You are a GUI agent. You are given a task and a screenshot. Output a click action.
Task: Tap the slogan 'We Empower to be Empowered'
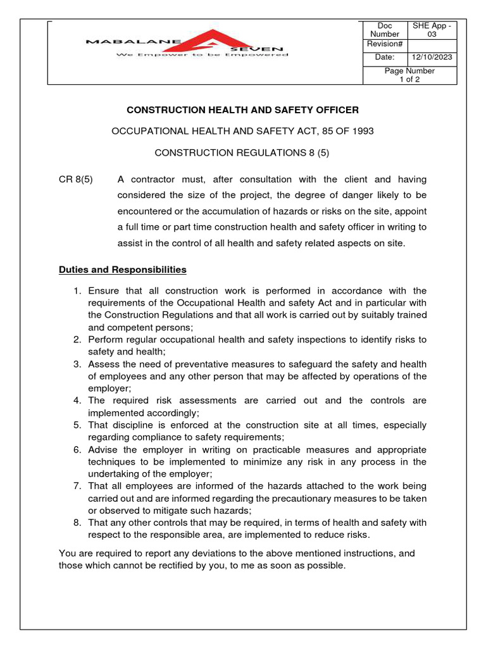point(201,55)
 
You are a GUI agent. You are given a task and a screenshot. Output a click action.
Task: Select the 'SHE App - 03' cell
point(432,30)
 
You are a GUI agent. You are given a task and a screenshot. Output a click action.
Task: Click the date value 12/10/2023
point(432,58)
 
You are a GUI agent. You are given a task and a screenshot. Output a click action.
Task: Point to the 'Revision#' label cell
point(385,44)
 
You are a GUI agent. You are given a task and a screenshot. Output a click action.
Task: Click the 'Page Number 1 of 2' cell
point(409,75)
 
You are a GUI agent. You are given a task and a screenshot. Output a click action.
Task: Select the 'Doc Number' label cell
point(385,30)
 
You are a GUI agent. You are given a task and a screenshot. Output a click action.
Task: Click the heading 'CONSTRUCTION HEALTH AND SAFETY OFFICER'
point(242,110)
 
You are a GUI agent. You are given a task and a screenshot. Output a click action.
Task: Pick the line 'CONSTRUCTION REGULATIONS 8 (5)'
point(242,153)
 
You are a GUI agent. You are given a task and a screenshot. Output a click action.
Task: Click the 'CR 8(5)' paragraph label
point(75,180)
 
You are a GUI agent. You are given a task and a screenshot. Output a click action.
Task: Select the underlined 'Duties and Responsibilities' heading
point(122,270)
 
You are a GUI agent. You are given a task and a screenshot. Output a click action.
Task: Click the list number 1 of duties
point(77,290)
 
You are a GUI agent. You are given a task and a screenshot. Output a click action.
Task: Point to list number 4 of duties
point(77,401)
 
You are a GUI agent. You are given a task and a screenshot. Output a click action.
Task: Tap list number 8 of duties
point(77,523)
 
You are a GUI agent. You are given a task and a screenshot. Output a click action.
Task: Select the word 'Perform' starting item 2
point(105,340)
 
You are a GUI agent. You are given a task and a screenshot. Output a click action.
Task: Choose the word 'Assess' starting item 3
point(103,364)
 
